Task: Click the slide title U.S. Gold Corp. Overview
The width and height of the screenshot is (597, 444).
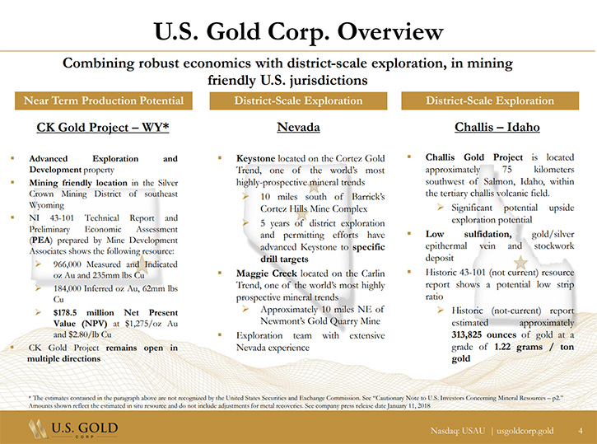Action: pos(298,31)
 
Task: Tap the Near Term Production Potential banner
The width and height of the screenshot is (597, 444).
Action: pos(104,100)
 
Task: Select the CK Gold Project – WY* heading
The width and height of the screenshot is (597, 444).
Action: pos(103,127)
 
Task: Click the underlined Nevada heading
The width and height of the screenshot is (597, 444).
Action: pos(298,127)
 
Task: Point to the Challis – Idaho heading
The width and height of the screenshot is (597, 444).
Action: pos(497,127)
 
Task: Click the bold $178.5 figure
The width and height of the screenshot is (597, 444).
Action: pos(65,313)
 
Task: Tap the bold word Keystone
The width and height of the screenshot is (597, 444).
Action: pos(255,158)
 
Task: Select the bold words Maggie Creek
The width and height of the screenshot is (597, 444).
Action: pos(267,273)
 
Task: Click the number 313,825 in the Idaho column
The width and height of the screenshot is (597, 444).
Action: pos(469,334)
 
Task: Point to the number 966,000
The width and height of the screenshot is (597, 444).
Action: pos(68,264)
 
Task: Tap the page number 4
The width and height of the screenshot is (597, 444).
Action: pos(581,431)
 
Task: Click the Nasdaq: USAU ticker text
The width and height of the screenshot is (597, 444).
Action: pos(458,431)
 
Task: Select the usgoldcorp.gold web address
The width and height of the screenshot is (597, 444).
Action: pos(525,431)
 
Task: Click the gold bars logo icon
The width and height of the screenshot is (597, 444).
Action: pos(38,428)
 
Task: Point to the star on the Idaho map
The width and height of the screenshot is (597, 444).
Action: pos(520,262)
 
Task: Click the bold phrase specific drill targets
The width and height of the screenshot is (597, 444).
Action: pos(323,253)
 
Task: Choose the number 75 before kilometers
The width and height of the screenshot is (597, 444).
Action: pos(506,170)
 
